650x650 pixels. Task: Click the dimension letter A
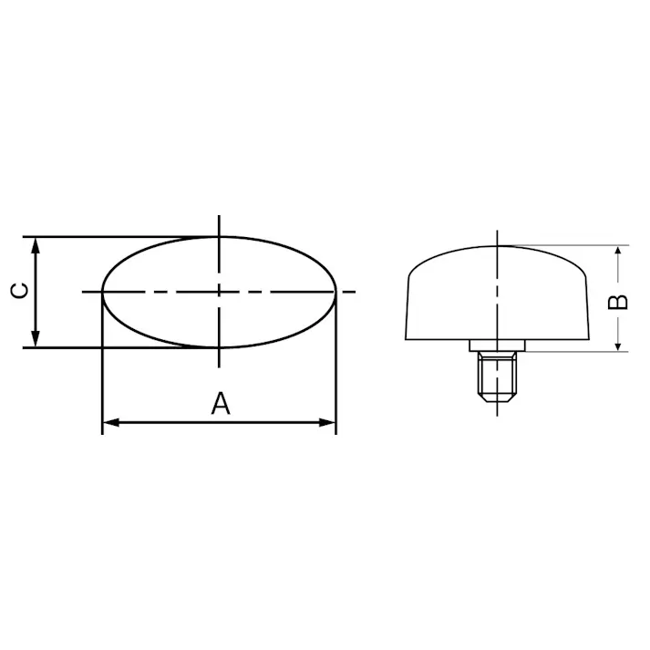pos(220,404)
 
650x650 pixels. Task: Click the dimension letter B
pos(618,302)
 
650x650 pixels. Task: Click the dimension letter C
pos(19,291)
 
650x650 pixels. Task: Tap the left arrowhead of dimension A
pos(110,423)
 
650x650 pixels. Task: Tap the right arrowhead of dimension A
pos(326,423)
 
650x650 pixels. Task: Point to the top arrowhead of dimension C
pos(36,246)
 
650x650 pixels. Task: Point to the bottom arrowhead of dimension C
pos(36,339)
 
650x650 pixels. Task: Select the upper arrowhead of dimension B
pos(618,252)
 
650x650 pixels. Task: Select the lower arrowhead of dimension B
pos(618,345)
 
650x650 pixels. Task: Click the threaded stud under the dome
pos(497,377)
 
